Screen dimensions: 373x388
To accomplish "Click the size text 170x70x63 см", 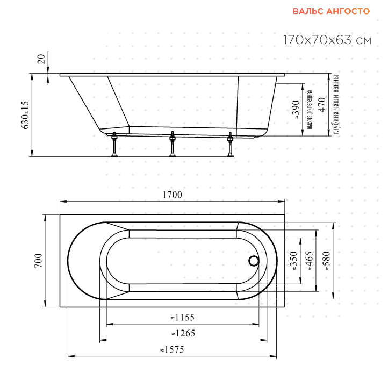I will tap(327, 40).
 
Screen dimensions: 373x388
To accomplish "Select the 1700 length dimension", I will tap(172, 195).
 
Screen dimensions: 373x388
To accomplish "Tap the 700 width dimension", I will tap(38, 261).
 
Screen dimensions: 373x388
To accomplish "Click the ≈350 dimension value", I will tap(293, 261).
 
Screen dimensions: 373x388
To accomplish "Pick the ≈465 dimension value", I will tap(308, 261).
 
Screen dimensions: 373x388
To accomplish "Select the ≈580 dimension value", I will tap(324, 261).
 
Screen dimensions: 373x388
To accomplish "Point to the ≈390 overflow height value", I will tap(294, 111).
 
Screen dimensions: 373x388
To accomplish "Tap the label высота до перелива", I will tap(310, 110).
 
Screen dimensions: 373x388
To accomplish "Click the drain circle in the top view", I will tap(253, 261).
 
